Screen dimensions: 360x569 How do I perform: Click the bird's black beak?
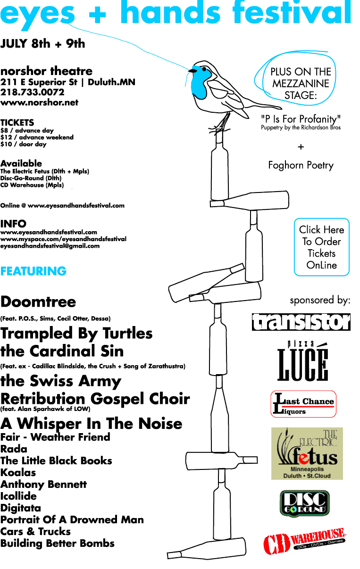click(x=193, y=71)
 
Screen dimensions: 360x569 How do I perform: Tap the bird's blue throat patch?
click(x=200, y=83)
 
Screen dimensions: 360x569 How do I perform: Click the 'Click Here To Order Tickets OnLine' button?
click(x=322, y=247)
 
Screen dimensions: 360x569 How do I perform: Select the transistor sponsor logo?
click(x=301, y=322)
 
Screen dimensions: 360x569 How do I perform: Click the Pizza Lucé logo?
click(x=302, y=361)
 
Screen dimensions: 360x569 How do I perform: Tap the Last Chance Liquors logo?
click(x=303, y=404)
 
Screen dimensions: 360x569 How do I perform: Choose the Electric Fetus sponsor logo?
click(x=307, y=453)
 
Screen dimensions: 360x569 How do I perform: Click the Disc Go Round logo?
click(x=305, y=503)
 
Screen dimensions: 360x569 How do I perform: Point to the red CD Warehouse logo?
click(x=304, y=541)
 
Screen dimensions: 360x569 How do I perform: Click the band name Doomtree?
click(x=38, y=302)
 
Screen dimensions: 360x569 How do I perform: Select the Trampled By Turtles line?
click(x=76, y=334)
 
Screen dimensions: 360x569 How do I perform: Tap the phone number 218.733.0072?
click(x=32, y=92)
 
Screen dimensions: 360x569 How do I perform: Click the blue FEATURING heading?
click(x=33, y=271)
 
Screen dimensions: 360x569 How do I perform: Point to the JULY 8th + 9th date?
click(x=42, y=43)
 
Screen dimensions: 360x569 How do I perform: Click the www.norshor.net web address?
click(x=39, y=102)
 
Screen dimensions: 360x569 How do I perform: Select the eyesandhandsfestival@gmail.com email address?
click(x=50, y=246)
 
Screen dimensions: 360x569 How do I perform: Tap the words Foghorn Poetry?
click(x=301, y=165)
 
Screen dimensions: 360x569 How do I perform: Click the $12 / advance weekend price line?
click(x=37, y=137)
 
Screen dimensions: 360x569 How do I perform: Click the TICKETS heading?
click(x=17, y=123)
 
